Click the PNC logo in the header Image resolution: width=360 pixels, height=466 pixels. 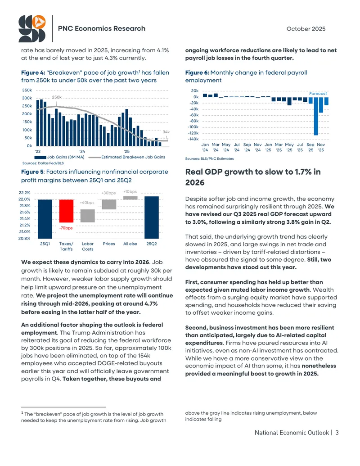(x=32, y=28)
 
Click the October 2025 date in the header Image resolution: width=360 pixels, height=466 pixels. (x=306, y=29)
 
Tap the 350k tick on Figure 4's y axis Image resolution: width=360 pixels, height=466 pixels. (x=27, y=90)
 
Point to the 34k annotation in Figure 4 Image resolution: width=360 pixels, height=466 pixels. (x=166, y=131)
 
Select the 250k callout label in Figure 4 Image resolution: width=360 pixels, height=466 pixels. (x=57, y=97)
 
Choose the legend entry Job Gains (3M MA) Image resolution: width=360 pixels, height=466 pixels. (x=59, y=157)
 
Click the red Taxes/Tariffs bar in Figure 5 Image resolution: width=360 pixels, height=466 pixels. (x=66, y=211)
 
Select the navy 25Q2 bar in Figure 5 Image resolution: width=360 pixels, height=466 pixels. (x=152, y=217)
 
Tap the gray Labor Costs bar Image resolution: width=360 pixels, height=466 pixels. (x=88, y=216)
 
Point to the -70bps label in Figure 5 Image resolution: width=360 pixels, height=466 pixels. (x=66, y=228)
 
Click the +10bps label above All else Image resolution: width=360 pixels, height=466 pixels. (x=130, y=192)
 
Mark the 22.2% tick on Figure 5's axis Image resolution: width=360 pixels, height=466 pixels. (x=24, y=193)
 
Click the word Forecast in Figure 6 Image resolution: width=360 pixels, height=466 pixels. (x=318, y=93)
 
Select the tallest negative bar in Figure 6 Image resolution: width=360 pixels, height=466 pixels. (x=316, y=116)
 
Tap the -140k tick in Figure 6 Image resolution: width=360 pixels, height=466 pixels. (x=193, y=139)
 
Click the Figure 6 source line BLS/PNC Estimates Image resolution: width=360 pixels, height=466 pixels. (x=209, y=158)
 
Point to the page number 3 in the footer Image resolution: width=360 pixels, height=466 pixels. (x=337, y=432)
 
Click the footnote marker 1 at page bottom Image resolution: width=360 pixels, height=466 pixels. (x=22, y=413)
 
